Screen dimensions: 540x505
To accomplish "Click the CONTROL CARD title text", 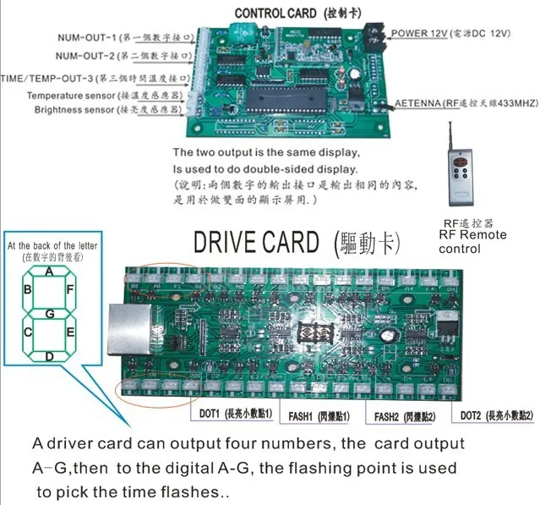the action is (286, 13).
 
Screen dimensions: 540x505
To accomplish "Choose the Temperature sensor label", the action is (100, 95).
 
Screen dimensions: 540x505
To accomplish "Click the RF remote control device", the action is (460, 174).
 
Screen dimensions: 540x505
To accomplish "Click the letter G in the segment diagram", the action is (50, 315).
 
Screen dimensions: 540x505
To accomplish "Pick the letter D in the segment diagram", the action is (50, 356).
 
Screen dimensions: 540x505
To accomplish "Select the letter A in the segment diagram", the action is (50, 272).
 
